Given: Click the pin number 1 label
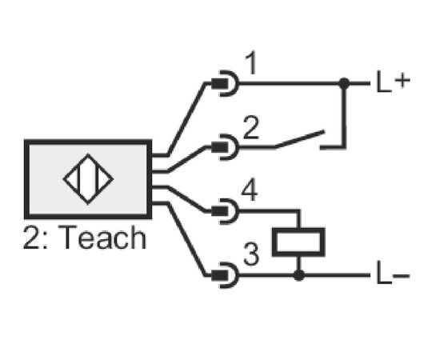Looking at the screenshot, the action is click(251, 63).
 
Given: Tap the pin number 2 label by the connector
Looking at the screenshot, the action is click(250, 128).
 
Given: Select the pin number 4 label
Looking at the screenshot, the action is click(250, 191).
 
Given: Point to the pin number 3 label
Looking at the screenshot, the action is click(251, 254).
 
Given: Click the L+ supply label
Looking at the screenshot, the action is click(393, 82).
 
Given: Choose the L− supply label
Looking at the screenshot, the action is click(393, 276).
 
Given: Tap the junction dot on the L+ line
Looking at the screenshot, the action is click(344, 83).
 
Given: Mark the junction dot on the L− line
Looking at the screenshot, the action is click(299, 275).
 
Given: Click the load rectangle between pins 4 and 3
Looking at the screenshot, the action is click(298, 242).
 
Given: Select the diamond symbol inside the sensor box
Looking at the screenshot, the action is click(88, 179).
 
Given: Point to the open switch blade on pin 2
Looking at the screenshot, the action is click(299, 138).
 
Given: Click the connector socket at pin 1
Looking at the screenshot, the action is click(226, 83).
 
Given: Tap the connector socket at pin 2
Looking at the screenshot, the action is click(226, 147).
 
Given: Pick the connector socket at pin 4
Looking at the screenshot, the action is click(226, 211).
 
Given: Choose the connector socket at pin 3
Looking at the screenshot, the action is click(226, 275).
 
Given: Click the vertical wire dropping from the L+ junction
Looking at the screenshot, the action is click(344, 115).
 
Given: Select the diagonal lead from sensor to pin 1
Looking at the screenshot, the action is click(186, 119).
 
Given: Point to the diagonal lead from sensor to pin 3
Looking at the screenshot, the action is click(186, 239).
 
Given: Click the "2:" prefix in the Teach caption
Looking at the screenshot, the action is click(34, 238).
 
